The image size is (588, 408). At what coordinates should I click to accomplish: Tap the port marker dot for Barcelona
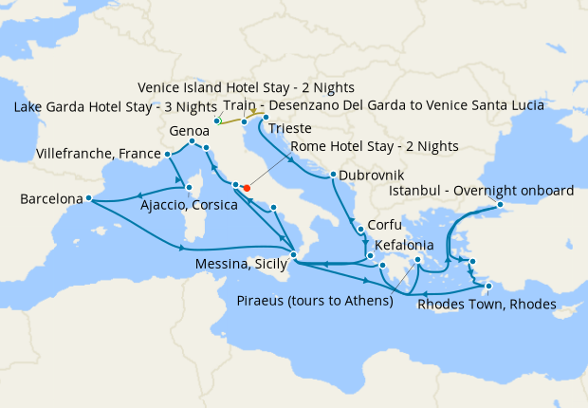[87, 198]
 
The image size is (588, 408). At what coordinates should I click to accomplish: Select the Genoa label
[189, 130]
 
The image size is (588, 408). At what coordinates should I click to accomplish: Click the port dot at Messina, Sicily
[294, 255]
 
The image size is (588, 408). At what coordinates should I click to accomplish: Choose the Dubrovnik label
[372, 176]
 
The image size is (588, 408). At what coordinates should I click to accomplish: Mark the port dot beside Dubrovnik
[333, 175]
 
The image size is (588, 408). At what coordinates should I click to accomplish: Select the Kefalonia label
[409, 245]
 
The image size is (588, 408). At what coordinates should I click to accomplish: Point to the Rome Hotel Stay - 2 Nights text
[375, 146]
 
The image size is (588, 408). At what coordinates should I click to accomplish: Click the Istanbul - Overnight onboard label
[482, 191]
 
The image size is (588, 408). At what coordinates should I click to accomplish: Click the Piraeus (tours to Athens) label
[314, 302]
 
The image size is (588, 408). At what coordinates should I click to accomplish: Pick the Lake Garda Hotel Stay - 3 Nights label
[112, 106]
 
